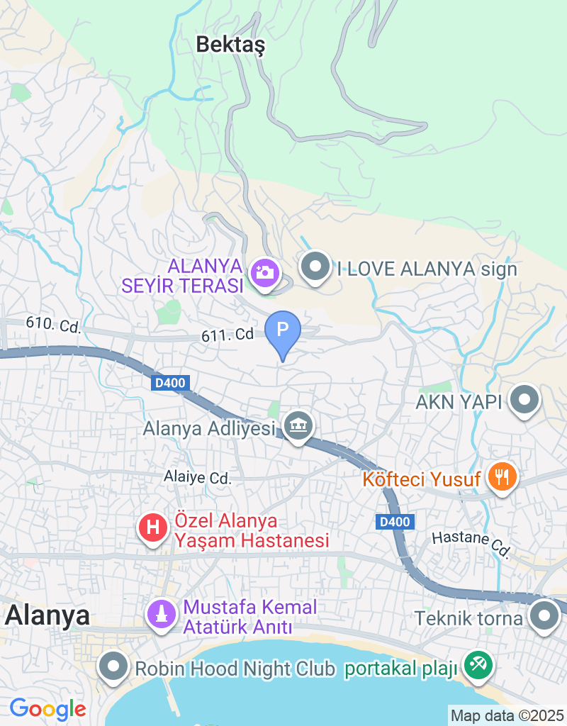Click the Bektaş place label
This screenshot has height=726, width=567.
click(x=230, y=45)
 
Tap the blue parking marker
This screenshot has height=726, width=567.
click(x=283, y=330)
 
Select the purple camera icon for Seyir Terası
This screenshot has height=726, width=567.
click(x=265, y=272)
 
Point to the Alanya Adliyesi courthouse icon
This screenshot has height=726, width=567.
click(x=298, y=426)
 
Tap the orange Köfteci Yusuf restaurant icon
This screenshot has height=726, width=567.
click(x=503, y=476)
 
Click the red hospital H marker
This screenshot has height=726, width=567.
click(x=152, y=527)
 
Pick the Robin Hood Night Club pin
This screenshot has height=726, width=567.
click(x=112, y=667)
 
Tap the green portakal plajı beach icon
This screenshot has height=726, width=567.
click(x=478, y=664)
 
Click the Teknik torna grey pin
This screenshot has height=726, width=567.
click(x=544, y=615)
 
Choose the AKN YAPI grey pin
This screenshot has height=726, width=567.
click(x=524, y=400)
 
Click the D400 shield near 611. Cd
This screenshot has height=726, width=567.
click(x=169, y=384)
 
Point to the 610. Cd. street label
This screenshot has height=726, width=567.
click(x=54, y=325)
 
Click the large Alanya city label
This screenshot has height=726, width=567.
click(x=47, y=615)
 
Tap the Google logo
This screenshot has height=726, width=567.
click(x=47, y=708)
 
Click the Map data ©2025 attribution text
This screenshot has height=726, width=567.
click(x=507, y=715)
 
